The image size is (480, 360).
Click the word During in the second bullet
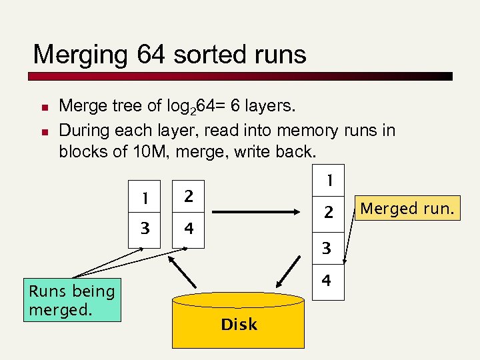click(x=83, y=129)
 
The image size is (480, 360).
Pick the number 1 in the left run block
click(x=143, y=197)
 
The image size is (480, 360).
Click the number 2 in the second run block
click(x=189, y=197)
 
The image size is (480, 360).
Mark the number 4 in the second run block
click(x=189, y=229)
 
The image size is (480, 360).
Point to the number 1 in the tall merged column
click(x=327, y=180)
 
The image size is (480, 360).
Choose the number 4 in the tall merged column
click(x=327, y=281)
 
